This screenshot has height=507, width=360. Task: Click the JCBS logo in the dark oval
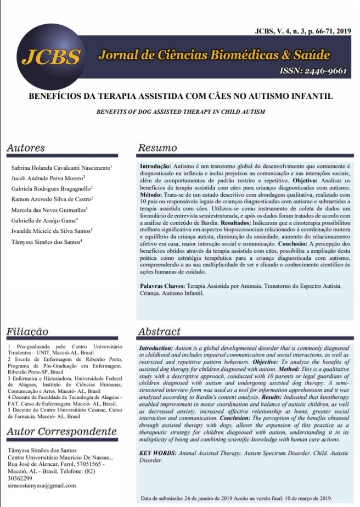(x=51, y=56)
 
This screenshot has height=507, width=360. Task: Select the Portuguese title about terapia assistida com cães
(x=180, y=96)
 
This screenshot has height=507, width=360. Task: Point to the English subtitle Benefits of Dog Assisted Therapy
(x=180, y=112)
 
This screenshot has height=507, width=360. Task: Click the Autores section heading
(x=26, y=148)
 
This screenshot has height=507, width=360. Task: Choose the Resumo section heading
(x=157, y=148)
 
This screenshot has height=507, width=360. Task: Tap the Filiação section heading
(x=27, y=332)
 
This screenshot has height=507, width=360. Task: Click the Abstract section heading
(x=159, y=332)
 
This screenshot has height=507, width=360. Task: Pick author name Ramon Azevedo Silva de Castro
(x=53, y=199)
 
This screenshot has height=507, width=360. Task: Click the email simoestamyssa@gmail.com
(x=42, y=486)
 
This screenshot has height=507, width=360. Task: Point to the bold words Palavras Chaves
(x=162, y=287)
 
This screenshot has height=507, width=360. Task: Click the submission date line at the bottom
(x=237, y=498)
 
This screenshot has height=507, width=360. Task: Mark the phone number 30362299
(x=20, y=478)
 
